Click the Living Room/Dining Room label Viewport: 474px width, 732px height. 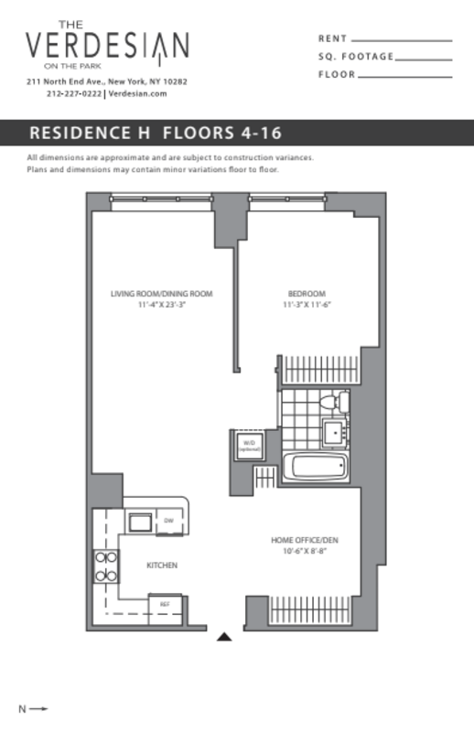point(161,294)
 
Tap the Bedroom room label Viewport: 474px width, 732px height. point(302,294)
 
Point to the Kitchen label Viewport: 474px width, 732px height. point(162,565)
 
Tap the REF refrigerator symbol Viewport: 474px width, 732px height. point(165,605)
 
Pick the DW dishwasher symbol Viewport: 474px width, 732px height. point(169,522)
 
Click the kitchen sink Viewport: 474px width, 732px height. point(139,522)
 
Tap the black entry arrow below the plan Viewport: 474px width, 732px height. point(226,638)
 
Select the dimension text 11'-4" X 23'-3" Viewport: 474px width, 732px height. point(161,304)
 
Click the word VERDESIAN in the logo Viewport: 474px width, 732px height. point(107,45)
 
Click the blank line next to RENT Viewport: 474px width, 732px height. point(402,40)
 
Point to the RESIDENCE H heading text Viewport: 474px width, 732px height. point(92,132)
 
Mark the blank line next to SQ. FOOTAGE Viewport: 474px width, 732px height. point(425,59)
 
